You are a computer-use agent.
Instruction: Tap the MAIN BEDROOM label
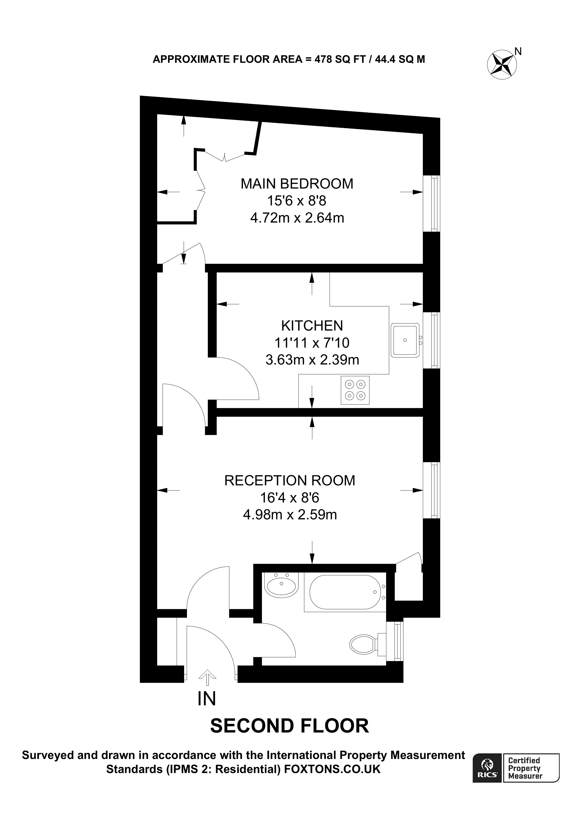(297, 184)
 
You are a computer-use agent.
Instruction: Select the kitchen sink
(405, 340)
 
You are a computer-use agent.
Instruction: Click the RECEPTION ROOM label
(290, 481)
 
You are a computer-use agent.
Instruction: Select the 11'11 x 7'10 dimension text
(312, 343)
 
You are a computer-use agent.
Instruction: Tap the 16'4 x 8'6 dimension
(290, 498)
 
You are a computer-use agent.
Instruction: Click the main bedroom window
(432, 203)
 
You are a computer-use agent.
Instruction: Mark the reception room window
(432, 490)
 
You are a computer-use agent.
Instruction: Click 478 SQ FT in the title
(340, 59)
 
